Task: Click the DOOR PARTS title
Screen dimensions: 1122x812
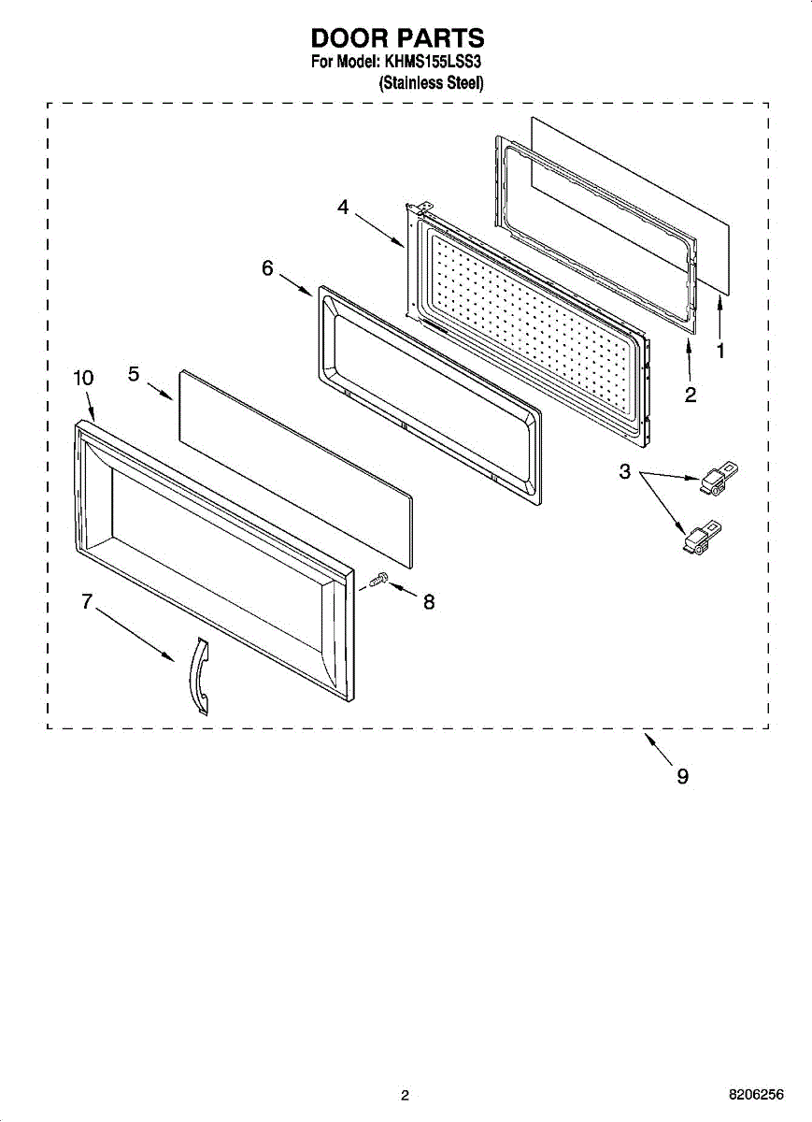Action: coord(397,38)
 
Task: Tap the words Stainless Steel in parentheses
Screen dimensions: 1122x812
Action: coord(431,83)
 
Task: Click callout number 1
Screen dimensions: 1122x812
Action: coord(720,351)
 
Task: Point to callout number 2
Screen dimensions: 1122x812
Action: coord(690,395)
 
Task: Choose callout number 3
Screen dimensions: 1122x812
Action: coord(625,472)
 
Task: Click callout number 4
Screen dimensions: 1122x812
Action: coord(344,209)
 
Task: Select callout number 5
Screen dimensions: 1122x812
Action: coord(134,374)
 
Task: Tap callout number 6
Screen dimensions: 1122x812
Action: coord(267,268)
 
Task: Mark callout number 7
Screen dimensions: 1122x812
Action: coord(87,602)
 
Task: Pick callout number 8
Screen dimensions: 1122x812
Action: coord(429,603)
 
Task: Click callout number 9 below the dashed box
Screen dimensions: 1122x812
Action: coord(683,776)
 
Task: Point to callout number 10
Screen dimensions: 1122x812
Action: coord(83,378)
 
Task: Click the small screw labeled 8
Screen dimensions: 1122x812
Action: coord(378,582)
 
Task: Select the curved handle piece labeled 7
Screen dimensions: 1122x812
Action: coord(198,675)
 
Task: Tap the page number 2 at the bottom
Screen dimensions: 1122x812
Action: coord(405,1096)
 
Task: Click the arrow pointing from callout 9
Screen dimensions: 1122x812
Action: coord(658,748)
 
